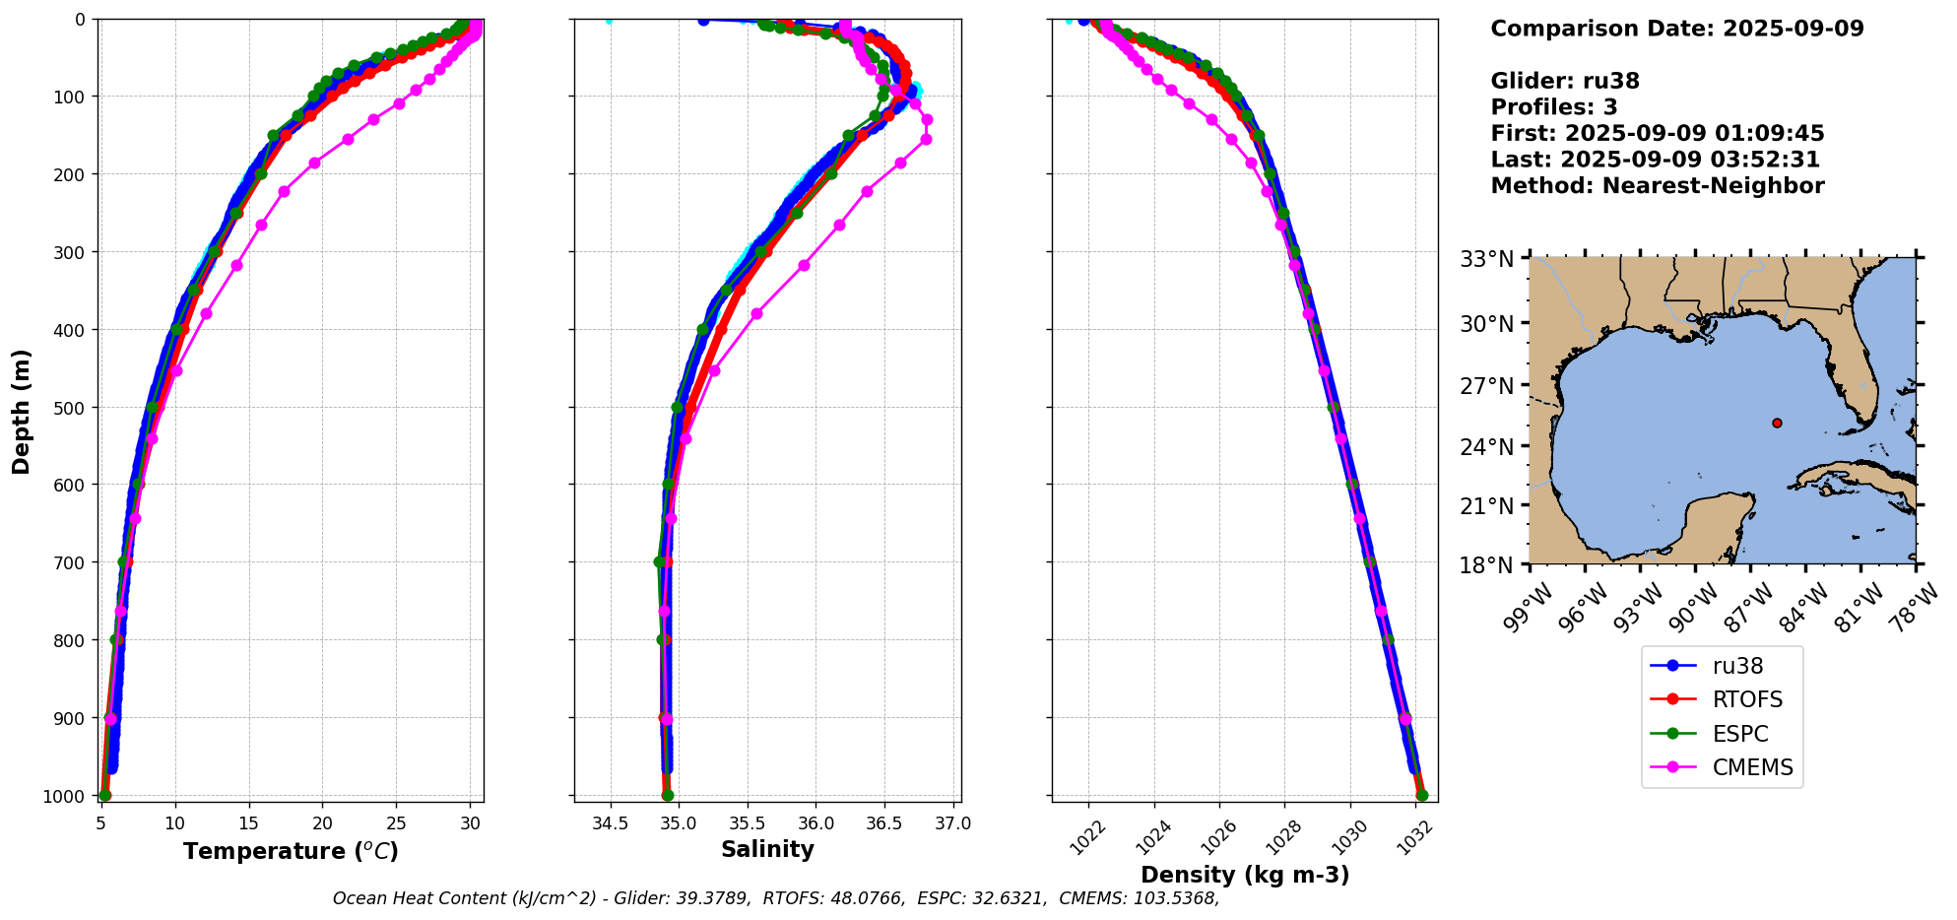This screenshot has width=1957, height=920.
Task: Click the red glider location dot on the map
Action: (x=1777, y=423)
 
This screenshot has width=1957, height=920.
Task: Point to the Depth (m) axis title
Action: (x=22, y=412)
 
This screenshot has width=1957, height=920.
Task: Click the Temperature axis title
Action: (x=291, y=851)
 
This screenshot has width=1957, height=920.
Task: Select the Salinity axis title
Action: (x=767, y=849)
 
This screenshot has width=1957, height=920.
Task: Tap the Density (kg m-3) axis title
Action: (x=1245, y=875)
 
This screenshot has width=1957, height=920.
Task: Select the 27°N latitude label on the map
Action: (x=1487, y=385)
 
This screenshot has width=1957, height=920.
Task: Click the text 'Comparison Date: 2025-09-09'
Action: (x=1676, y=29)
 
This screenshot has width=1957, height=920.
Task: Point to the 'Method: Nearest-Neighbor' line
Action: (x=1657, y=185)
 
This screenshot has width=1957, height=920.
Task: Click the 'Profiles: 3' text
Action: (x=1553, y=107)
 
